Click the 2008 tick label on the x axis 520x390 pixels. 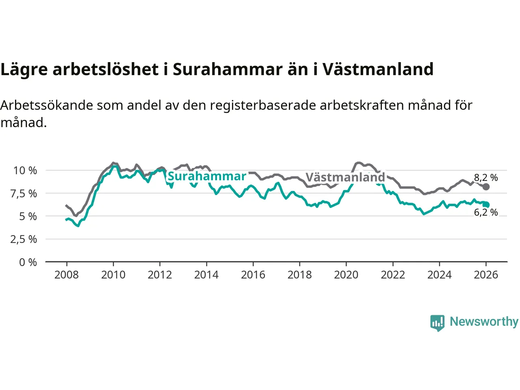(x=67, y=275)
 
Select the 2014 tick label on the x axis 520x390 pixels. (x=206, y=275)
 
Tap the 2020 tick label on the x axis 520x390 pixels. (x=346, y=275)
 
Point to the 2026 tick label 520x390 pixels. (x=486, y=275)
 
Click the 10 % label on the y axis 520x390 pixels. (x=25, y=171)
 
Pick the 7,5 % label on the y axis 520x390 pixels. (x=24, y=194)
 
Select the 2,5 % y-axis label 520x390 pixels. (x=24, y=239)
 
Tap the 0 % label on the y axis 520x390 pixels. (x=28, y=262)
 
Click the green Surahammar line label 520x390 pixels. (x=207, y=176)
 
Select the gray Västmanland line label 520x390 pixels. (x=345, y=178)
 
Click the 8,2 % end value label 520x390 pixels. (x=486, y=178)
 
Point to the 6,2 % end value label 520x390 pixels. (x=486, y=212)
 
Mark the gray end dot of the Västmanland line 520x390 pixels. (x=486, y=187)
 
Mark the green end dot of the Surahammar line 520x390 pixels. (x=486, y=205)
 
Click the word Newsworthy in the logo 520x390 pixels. (x=484, y=322)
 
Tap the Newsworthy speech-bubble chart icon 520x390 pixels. (x=438, y=323)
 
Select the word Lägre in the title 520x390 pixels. (x=24, y=70)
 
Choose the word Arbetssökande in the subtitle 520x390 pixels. (x=47, y=106)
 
